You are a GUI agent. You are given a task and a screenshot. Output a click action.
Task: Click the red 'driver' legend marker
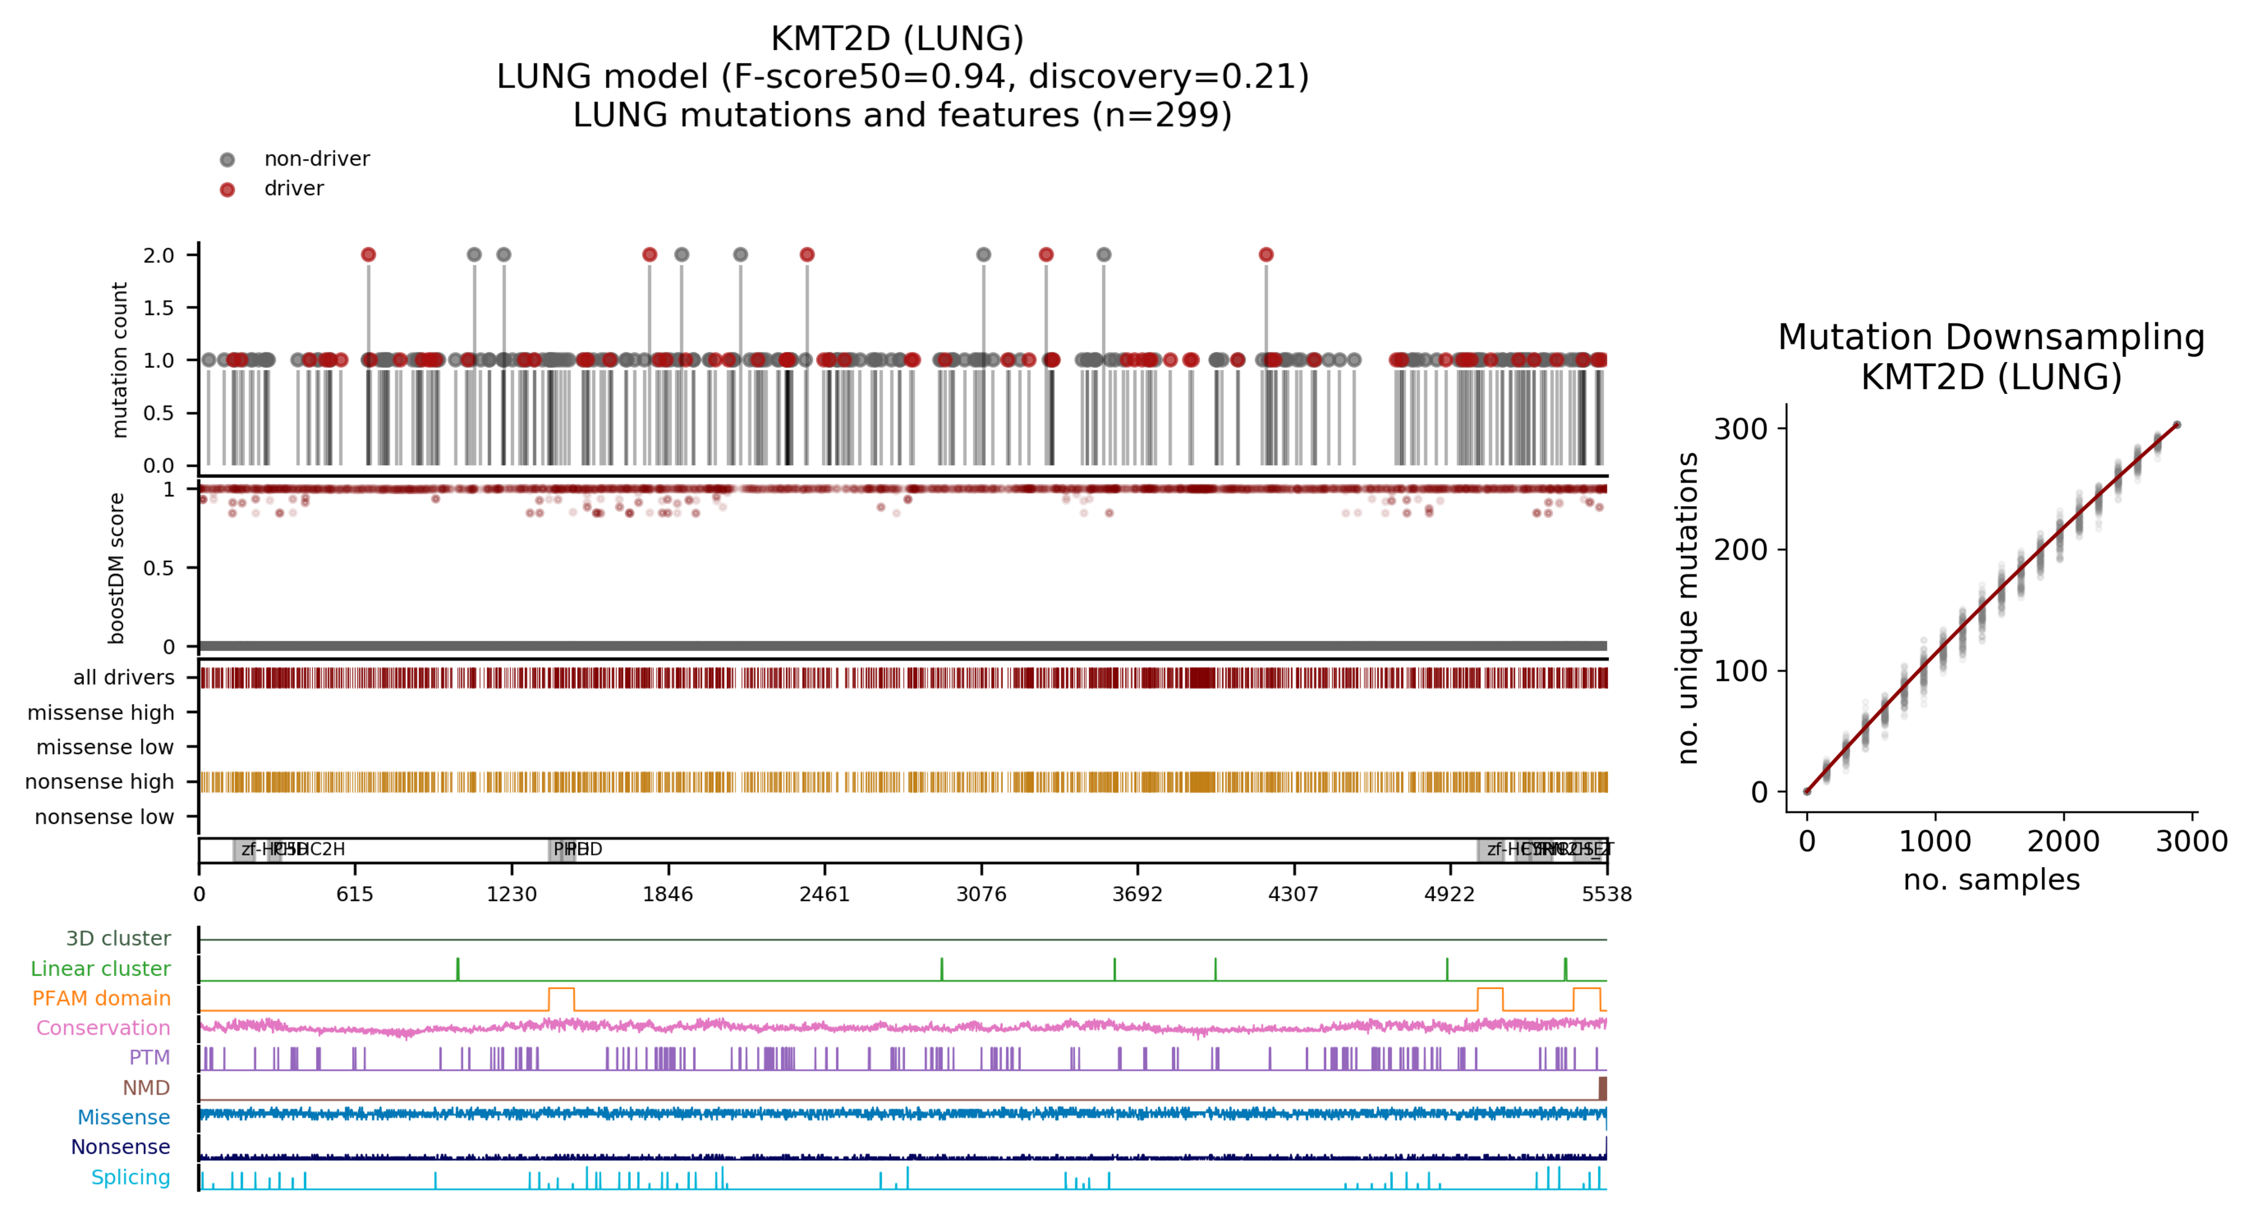(227, 189)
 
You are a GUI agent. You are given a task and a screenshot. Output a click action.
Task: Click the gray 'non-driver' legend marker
(227, 159)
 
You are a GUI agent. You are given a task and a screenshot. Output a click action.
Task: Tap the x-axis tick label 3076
(981, 894)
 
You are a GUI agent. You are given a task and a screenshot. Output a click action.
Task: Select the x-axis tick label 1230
(511, 894)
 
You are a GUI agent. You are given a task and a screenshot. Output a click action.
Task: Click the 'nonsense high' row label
(99, 782)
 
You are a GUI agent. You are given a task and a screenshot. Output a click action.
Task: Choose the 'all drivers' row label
(123, 678)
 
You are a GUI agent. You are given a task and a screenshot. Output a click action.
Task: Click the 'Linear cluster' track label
(100, 969)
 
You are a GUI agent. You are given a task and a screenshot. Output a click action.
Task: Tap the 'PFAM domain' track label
(101, 998)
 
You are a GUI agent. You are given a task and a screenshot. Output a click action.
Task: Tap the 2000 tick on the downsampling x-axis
(2063, 841)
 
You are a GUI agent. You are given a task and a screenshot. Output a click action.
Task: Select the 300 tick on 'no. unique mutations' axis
(1740, 429)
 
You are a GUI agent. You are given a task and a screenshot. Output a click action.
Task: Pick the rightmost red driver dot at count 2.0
(1266, 254)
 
